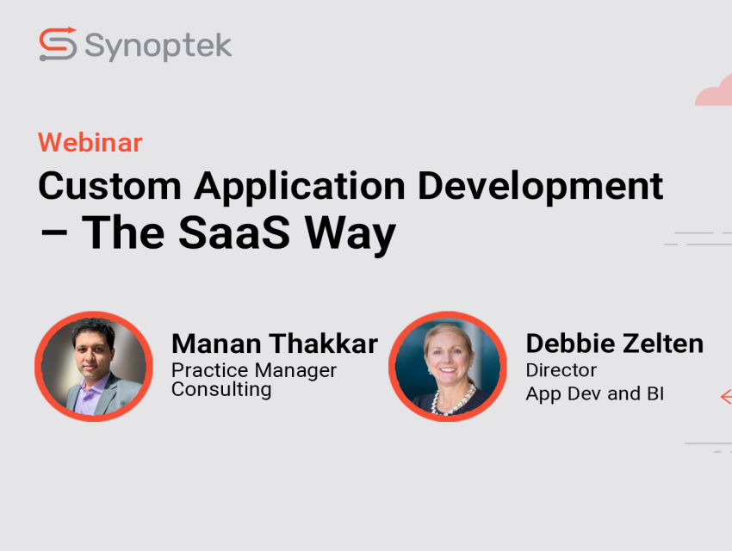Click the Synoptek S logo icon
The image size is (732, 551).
58,44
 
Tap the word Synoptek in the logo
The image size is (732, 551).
158,46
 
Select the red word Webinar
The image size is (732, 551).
90,143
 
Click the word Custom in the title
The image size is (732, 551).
109,186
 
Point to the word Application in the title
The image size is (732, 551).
300,188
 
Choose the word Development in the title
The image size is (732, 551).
540,188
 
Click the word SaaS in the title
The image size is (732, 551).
234,232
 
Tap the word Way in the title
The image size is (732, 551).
350,235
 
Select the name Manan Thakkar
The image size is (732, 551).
275,344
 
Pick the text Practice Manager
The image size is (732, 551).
254,370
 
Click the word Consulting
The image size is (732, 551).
221,389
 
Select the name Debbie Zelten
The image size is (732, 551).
614,344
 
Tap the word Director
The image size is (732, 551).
561,370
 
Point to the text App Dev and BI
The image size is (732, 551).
595,393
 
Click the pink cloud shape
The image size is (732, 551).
715,92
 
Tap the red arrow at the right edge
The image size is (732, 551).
726,397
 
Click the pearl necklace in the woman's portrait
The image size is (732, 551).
452,401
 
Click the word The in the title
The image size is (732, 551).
123,232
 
